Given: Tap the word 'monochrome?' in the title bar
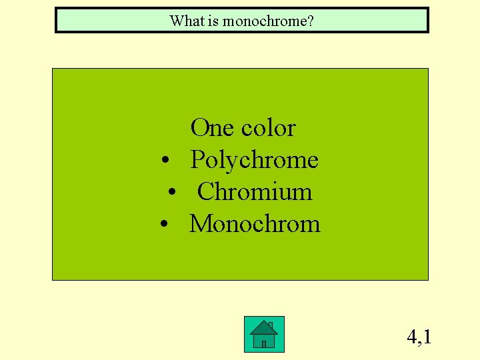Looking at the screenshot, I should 268,21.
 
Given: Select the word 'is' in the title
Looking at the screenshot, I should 213,21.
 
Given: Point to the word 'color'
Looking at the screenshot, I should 268,127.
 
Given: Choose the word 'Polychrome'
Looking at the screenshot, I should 254,160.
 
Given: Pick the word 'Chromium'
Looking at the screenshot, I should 254,192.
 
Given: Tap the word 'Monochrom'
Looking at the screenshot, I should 255,224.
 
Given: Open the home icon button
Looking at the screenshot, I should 264,334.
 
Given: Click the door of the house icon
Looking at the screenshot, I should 264,343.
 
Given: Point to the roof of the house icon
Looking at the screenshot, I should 263,328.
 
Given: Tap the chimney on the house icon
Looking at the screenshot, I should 270,325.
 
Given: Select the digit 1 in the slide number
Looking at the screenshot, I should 427,337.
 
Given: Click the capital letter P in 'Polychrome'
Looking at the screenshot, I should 197,160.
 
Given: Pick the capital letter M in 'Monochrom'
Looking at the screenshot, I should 200,224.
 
